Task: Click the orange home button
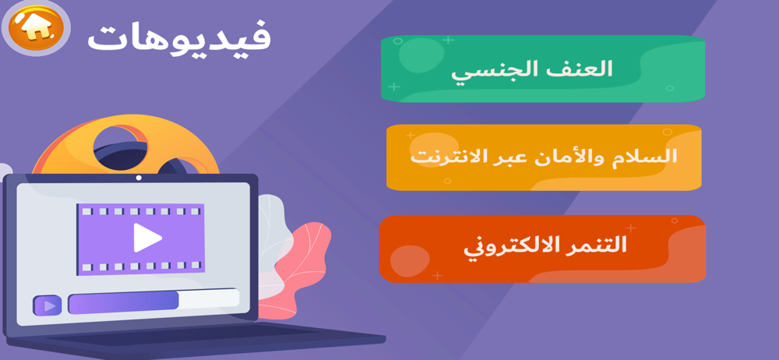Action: tap(37, 29)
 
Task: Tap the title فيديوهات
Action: tap(179, 37)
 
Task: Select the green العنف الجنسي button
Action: tap(542, 69)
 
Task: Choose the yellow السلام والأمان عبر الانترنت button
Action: tap(544, 157)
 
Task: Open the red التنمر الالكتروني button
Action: tap(542, 249)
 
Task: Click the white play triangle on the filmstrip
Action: tap(147, 238)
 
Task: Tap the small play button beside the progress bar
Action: tap(48, 305)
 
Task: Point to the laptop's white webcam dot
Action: tap(139, 178)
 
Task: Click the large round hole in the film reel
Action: tap(120, 146)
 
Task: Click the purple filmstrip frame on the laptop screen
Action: tap(140, 238)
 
